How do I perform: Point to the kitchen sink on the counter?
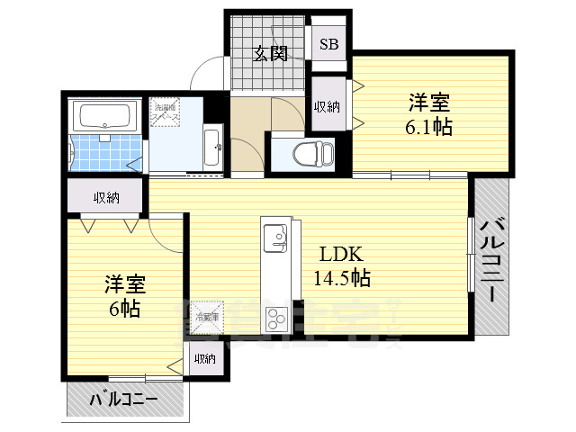(276, 239)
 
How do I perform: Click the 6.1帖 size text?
(427, 126)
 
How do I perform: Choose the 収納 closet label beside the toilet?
(327, 106)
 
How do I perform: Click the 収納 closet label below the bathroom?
(105, 197)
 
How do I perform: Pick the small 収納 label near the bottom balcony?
(204, 359)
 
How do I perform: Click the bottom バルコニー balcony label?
(124, 399)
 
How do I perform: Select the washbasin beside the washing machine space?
(212, 147)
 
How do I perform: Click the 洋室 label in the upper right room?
(429, 101)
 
